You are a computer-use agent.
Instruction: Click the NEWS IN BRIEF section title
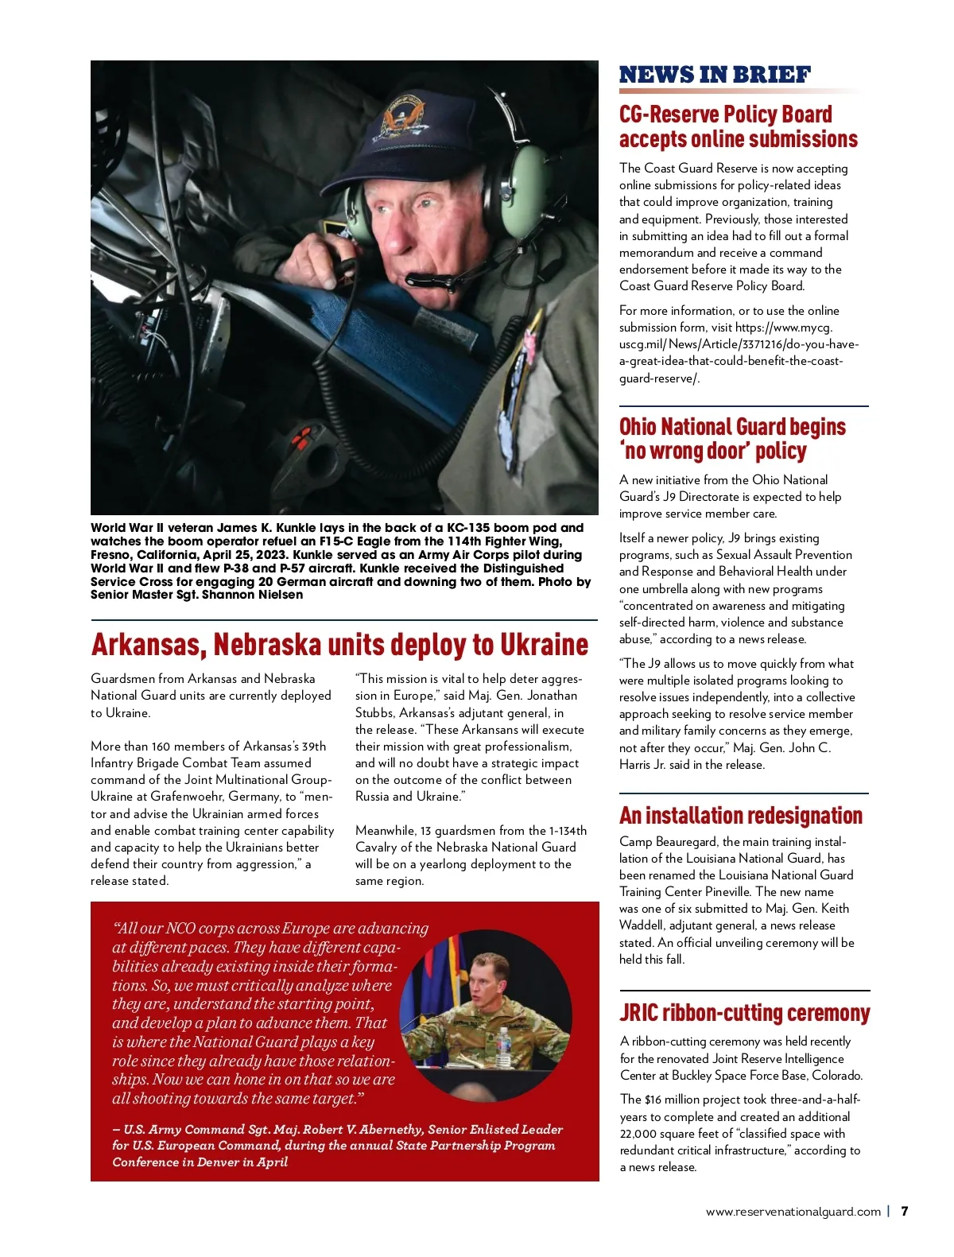[715, 75]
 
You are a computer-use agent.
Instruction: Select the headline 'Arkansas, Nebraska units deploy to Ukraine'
[339, 644]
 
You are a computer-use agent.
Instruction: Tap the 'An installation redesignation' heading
[740, 816]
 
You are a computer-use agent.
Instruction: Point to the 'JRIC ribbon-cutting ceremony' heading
[744, 1013]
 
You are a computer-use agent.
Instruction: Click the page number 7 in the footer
[904, 1211]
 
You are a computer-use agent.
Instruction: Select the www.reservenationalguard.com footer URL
[793, 1212]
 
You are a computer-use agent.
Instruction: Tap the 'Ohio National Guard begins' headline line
[732, 427]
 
